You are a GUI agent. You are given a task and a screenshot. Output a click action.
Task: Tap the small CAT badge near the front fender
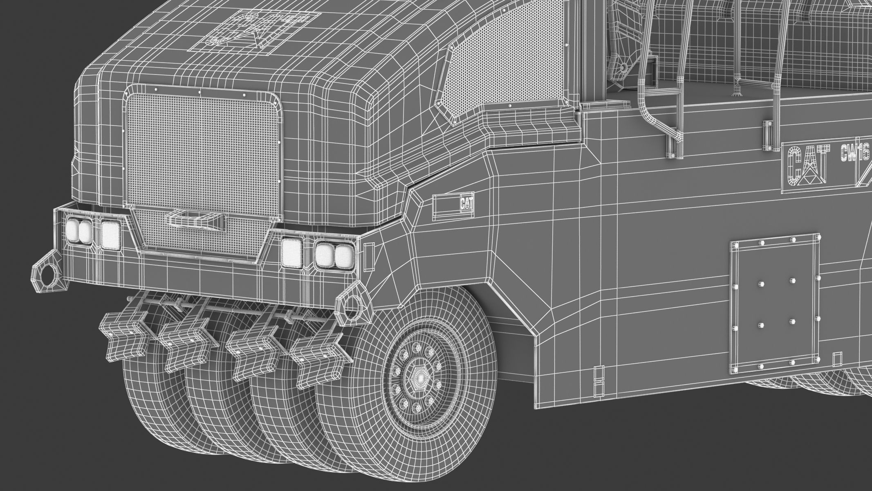coord(466,203)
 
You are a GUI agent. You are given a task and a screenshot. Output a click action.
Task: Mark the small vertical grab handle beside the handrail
coord(767,137)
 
